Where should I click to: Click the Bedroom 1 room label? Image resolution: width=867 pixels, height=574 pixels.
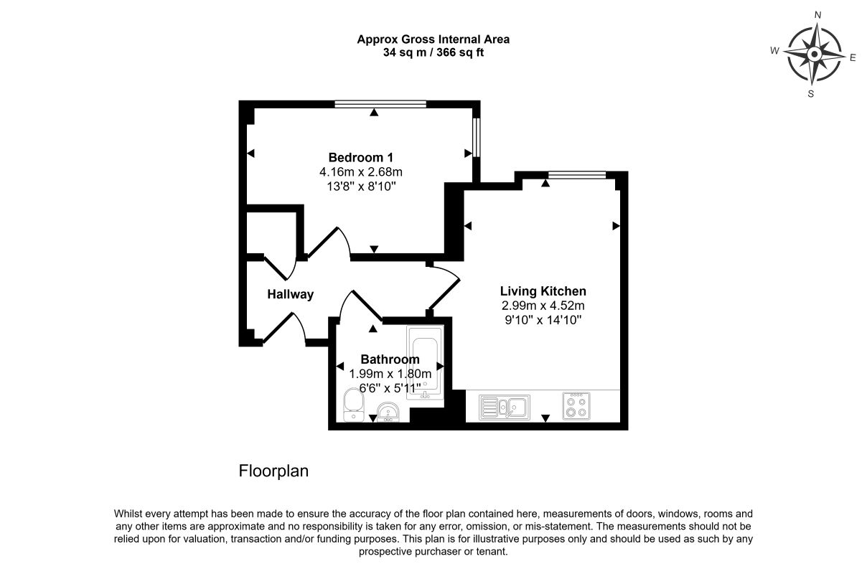(361, 158)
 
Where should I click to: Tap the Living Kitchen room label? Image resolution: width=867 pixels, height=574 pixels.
(543, 291)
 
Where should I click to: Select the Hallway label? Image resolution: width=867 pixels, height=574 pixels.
(290, 294)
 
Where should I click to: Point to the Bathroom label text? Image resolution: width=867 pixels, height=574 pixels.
(390, 359)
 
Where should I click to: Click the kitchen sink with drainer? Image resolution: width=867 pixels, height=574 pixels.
(505, 407)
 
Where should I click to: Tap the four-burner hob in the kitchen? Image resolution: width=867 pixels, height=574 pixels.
(576, 406)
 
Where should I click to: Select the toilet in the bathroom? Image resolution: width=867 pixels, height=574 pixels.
(353, 405)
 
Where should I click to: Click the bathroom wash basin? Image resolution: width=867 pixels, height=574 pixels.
(388, 412)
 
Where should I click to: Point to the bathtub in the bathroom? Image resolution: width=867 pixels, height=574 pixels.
(425, 362)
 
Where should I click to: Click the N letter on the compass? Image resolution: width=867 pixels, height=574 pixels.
(818, 15)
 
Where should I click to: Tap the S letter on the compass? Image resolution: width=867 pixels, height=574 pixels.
(811, 94)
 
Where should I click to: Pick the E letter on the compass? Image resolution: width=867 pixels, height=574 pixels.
(853, 58)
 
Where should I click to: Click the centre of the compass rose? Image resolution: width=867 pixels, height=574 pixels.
(815, 55)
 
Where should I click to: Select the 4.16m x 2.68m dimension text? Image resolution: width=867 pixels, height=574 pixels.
(361, 172)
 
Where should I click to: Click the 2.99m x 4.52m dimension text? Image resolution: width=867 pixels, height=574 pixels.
(543, 306)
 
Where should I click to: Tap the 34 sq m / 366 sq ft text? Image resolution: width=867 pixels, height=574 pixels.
(433, 52)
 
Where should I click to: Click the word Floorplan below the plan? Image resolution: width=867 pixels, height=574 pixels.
(273, 471)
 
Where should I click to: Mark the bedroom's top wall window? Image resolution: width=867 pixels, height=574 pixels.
(380, 104)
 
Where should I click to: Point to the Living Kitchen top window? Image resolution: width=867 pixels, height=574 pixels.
(577, 174)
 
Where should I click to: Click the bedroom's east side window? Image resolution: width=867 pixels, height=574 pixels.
(477, 138)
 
